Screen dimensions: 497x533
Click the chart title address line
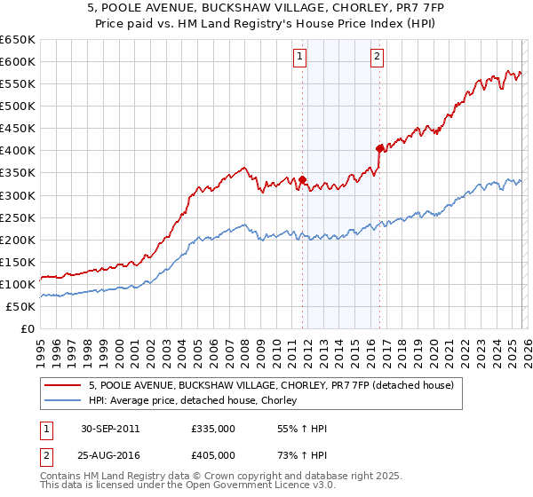tap(266, 8)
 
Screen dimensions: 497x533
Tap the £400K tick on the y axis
tap(17, 150)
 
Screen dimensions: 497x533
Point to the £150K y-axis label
tap(17, 262)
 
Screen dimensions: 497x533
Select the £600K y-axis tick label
tap(17, 61)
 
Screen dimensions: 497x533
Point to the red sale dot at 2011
tap(303, 179)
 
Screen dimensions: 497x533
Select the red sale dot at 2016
tap(379, 148)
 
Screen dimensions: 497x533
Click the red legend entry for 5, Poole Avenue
tap(271, 385)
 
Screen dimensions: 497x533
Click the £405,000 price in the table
tap(212, 454)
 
